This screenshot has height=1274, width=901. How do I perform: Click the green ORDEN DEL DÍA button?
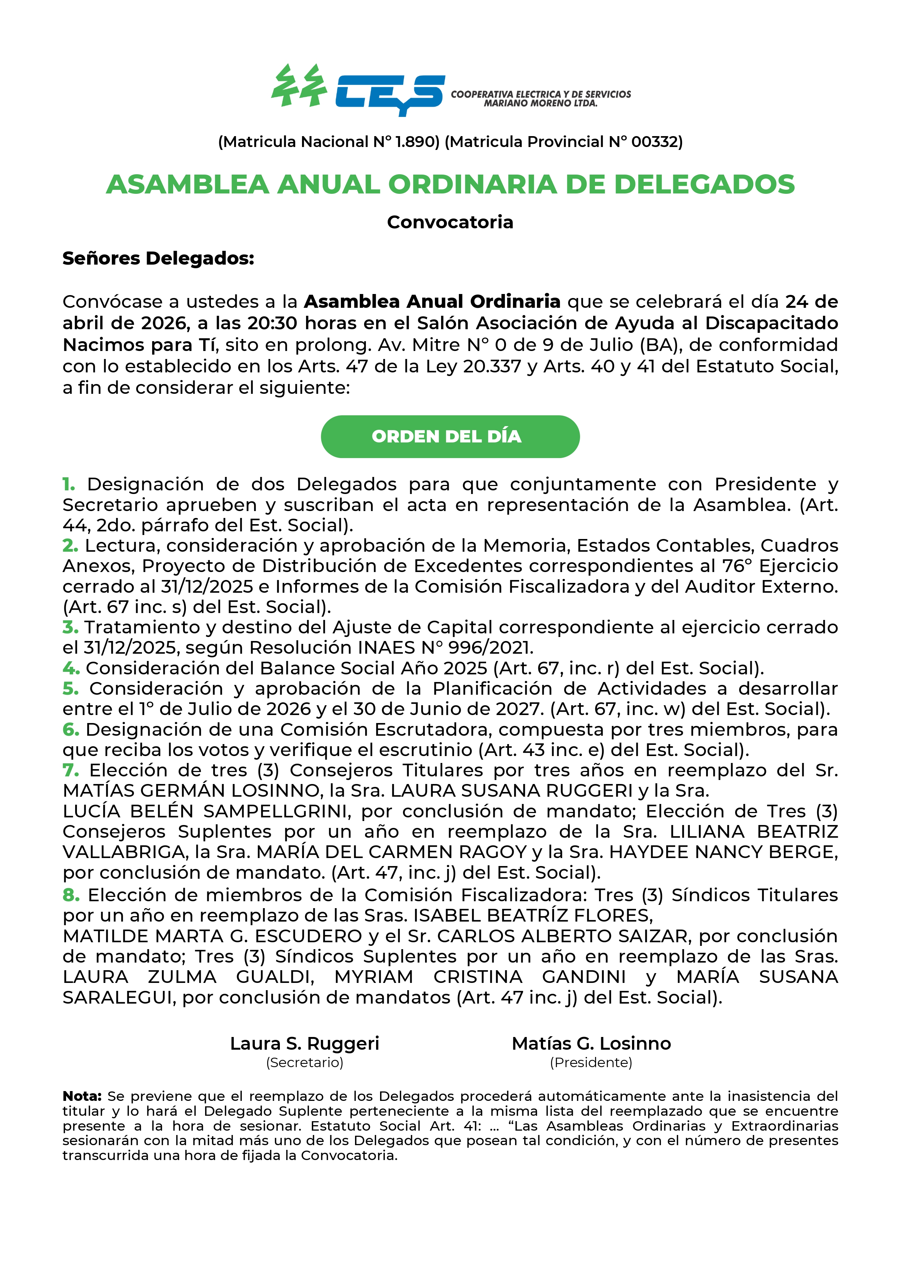coord(450,436)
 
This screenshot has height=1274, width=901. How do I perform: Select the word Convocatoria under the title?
coord(450,222)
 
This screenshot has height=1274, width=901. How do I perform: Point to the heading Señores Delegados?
coord(158,258)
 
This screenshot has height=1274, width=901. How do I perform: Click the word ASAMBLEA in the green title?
coord(188,184)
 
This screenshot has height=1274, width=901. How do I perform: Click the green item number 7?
coord(70,770)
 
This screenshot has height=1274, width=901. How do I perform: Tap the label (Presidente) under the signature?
coord(591,1063)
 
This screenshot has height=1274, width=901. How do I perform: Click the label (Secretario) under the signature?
coord(305,1063)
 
